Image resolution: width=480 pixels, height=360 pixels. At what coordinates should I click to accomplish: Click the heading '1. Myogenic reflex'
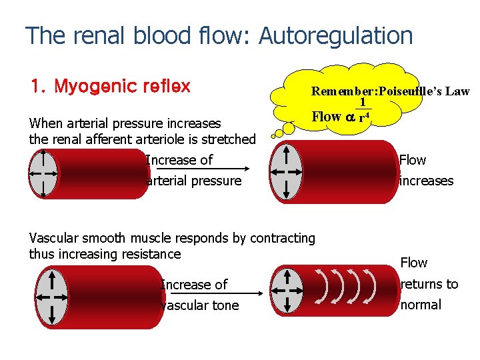(x=111, y=87)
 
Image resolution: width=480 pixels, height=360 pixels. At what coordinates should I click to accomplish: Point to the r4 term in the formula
(x=364, y=117)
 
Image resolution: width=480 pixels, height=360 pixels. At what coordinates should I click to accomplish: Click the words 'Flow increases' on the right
(x=426, y=171)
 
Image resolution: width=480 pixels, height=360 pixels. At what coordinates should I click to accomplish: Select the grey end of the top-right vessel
(x=287, y=171)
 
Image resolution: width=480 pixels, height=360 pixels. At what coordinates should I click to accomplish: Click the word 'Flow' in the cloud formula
(x=327, y=117)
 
